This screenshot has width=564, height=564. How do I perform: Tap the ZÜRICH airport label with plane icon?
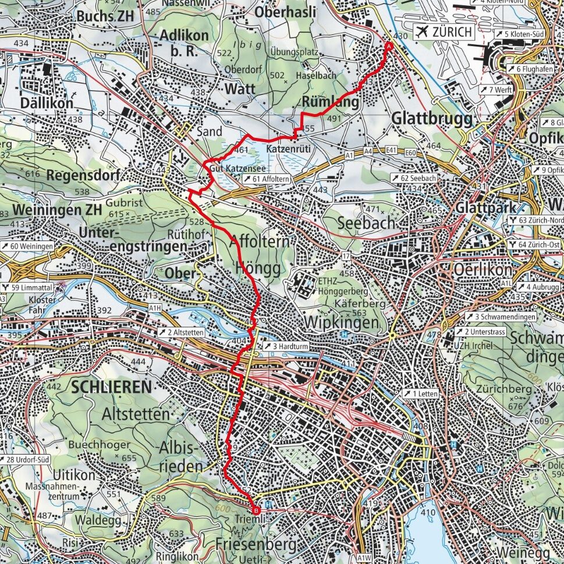443,32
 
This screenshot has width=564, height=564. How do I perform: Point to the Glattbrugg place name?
430,117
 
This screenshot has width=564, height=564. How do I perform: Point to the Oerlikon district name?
483,271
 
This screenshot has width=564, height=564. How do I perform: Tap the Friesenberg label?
256,544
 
